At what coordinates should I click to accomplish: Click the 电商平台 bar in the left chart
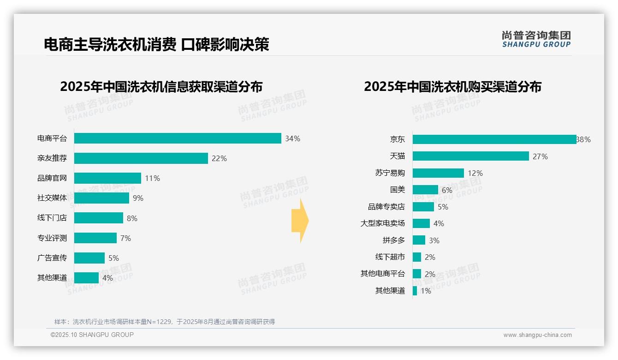coord(178,138)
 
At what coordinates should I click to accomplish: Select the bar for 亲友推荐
coord(141,158)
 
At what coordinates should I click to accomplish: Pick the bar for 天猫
coord(470,156)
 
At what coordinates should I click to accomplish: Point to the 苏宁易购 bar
coord(438,173)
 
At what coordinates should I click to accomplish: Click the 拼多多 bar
coord(419,240)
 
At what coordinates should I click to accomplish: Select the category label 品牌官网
coord(52,178)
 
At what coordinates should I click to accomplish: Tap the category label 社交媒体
coord(52,198)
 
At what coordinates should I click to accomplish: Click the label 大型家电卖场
coord(383,223)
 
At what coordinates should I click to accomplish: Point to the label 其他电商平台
coord(383,274)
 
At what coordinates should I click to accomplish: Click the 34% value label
coord(292,138)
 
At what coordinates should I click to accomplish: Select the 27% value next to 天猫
coord(540,156)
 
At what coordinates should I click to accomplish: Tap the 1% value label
coord(426,291)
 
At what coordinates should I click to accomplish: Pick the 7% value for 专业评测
coord(125,238)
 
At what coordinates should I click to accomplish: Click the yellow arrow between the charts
coord(300,221)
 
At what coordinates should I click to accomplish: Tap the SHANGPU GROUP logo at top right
coord(536,39)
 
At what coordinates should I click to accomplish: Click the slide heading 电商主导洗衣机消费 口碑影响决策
coord(156,44)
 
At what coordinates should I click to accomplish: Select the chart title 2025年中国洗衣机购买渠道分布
coord(452,87)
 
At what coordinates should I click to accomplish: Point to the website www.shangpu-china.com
coord(537,335)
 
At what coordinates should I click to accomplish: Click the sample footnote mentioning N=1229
coord(165,322)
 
